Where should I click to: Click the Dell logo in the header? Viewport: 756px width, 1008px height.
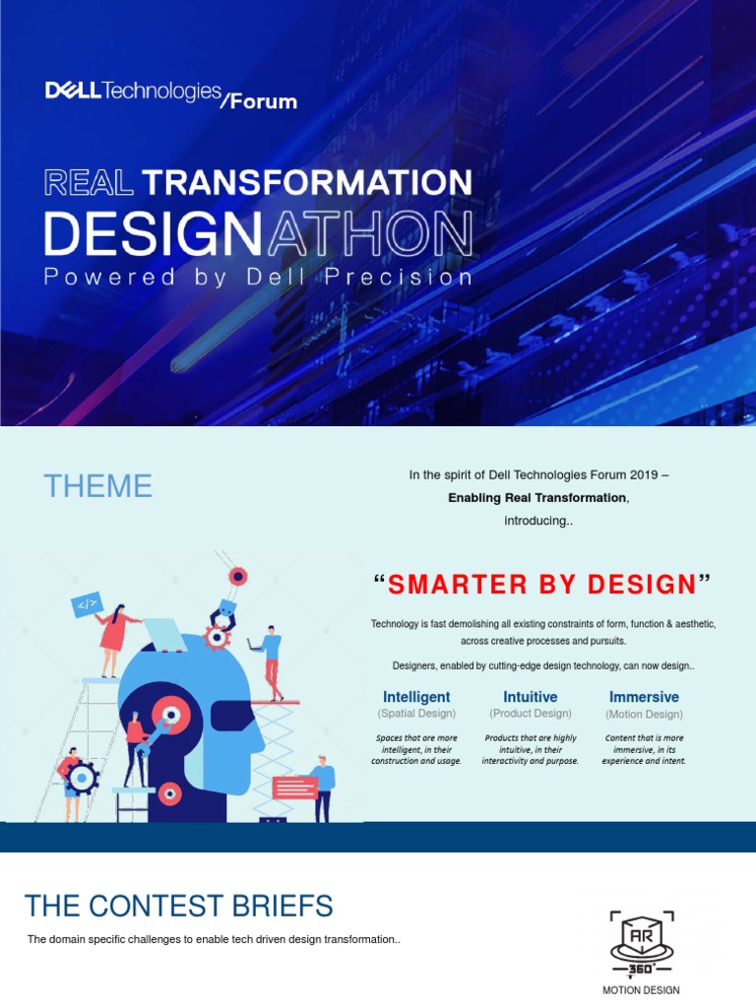(x=73, y=92)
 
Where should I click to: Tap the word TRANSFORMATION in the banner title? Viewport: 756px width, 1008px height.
(x=307, y=182)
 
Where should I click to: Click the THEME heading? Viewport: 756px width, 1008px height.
(x=97, y=486)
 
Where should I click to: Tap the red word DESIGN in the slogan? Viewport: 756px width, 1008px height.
(x=642, y=585)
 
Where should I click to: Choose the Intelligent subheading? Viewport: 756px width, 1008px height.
(x=416, y=697)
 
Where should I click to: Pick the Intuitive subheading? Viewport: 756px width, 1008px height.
(x=530, y=697)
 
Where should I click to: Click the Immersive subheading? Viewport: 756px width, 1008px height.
(x=644, y=697)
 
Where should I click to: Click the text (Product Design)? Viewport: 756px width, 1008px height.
(x=530, y=714)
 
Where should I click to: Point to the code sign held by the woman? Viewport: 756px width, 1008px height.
(x=87, y=604)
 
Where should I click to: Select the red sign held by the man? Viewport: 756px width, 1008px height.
(x=294, y=787)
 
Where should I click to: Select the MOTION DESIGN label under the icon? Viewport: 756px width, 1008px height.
(x=641, y=990)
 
